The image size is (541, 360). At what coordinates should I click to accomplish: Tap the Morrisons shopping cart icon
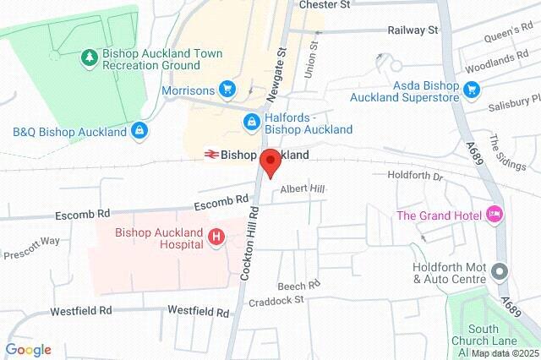coord(227,88)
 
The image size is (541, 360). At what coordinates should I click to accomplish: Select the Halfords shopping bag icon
coord(251,123)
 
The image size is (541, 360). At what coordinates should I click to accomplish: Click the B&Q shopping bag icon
coord(139,132)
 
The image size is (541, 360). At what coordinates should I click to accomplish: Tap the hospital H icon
coord(216,238)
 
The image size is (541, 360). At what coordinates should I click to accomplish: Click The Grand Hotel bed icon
coord(495,215)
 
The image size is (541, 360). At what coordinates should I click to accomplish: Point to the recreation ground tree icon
coord(88,57)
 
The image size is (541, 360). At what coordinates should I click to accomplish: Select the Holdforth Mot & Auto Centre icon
coord(500,273)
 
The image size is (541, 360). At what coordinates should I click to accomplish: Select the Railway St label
coord(413,30)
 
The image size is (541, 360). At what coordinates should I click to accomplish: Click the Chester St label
coord(325,5)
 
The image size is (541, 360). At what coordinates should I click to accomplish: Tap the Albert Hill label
coord(303,188)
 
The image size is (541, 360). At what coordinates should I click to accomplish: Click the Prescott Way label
coord(30,248)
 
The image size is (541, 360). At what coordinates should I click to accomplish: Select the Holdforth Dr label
coord(414,177)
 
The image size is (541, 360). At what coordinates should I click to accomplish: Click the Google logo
coord(28,350)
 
